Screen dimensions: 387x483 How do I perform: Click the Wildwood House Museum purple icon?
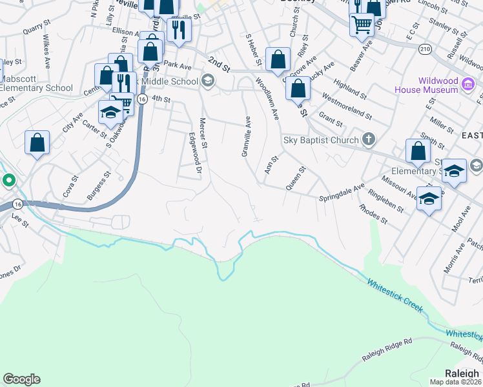point(469,83)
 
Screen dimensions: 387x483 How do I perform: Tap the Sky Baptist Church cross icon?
point(368,139)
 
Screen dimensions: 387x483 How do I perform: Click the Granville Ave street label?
point(245,136)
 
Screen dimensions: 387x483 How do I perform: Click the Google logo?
point(21,379)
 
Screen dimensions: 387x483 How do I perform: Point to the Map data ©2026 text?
point(456,382)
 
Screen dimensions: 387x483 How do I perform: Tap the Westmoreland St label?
point(347,108)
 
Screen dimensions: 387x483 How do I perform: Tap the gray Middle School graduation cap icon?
point(207,81)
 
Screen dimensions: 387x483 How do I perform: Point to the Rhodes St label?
point(374,215)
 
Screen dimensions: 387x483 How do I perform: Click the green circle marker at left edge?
point(8,180)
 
